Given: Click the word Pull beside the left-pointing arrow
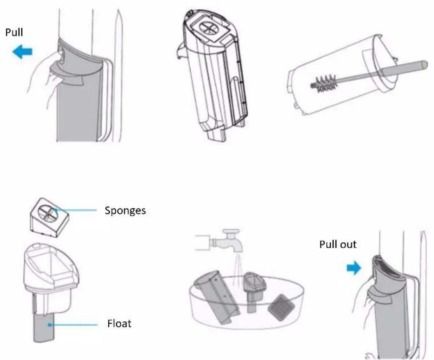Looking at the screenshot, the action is click(14, 32).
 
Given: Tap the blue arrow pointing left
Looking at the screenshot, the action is click(22, 52).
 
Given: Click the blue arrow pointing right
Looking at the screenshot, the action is click(354, 268).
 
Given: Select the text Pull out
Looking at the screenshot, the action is click(338, 244).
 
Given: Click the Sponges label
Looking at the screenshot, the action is click(125, 211).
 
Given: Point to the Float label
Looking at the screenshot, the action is click(119, 323).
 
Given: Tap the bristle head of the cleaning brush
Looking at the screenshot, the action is click(324, 83).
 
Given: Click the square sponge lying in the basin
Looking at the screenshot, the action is click(281, 307).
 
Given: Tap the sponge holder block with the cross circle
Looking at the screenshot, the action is click(50, 217).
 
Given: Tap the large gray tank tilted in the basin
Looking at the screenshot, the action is click(216, 296).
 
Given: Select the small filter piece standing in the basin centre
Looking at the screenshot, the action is click(254, 291).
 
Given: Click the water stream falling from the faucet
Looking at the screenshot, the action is click(237, 267).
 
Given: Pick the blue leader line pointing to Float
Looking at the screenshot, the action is click(73, 325).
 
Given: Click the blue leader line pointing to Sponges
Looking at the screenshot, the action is click(75, 210).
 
